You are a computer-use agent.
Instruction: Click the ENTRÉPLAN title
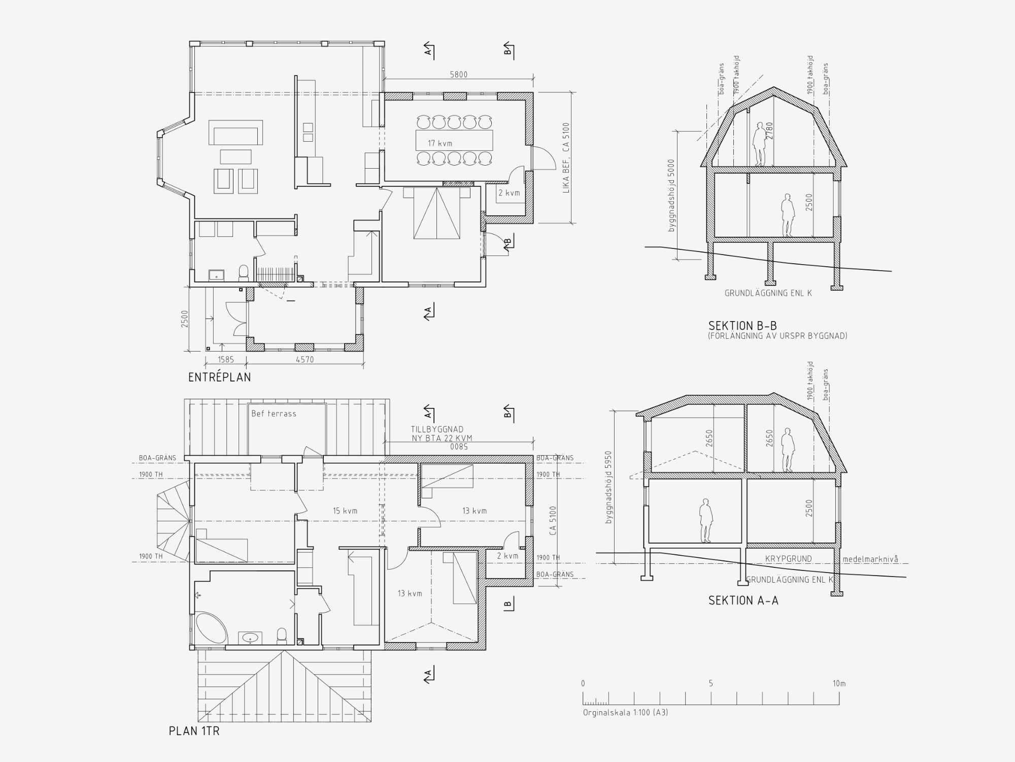pyautogui.click(x=219, y=377)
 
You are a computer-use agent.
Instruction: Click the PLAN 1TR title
pyautogui.click(x=194, y=731)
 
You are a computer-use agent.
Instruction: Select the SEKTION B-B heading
pyautogui.click(x=742, y=326)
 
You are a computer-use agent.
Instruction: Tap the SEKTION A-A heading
pyautogui.click(x=743, y=600)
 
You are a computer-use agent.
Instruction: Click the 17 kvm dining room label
pyautogui.click(x=439, y=143)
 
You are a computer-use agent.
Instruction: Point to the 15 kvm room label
pyautogui.click(x=345, y=511)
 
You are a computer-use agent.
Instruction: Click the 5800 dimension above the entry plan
pyautogui.click(x=458, y=75)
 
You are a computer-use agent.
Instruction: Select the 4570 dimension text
pyautogui.click(x=304, y=360)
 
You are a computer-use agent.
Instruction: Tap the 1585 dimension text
pyautogui.click(x=226, y=360)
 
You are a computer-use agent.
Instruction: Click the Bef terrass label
pyautogui.click(x=274, y=414)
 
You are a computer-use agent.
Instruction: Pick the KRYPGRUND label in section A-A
pyautogui.click(x=788, y=559)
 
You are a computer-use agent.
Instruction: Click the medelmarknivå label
pyautogui.click(x=870, y=559)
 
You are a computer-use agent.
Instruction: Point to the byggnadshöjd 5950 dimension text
pyautogui.click(x=609, y=487)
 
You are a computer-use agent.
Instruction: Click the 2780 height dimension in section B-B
pyautogui.click(x=770, y=131)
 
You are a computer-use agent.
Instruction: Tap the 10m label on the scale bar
pyautogui.click(x=839, y=683)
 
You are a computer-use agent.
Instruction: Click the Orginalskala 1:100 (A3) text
pyautogui.click(x=625, y=712)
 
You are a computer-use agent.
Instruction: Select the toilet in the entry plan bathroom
pyautogui.click(x=244, y=273)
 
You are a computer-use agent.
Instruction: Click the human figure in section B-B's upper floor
pyautogui.click(x=759, y=144)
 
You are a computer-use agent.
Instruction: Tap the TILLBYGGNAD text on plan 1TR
pyautogui.click(x=437, y=429)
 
